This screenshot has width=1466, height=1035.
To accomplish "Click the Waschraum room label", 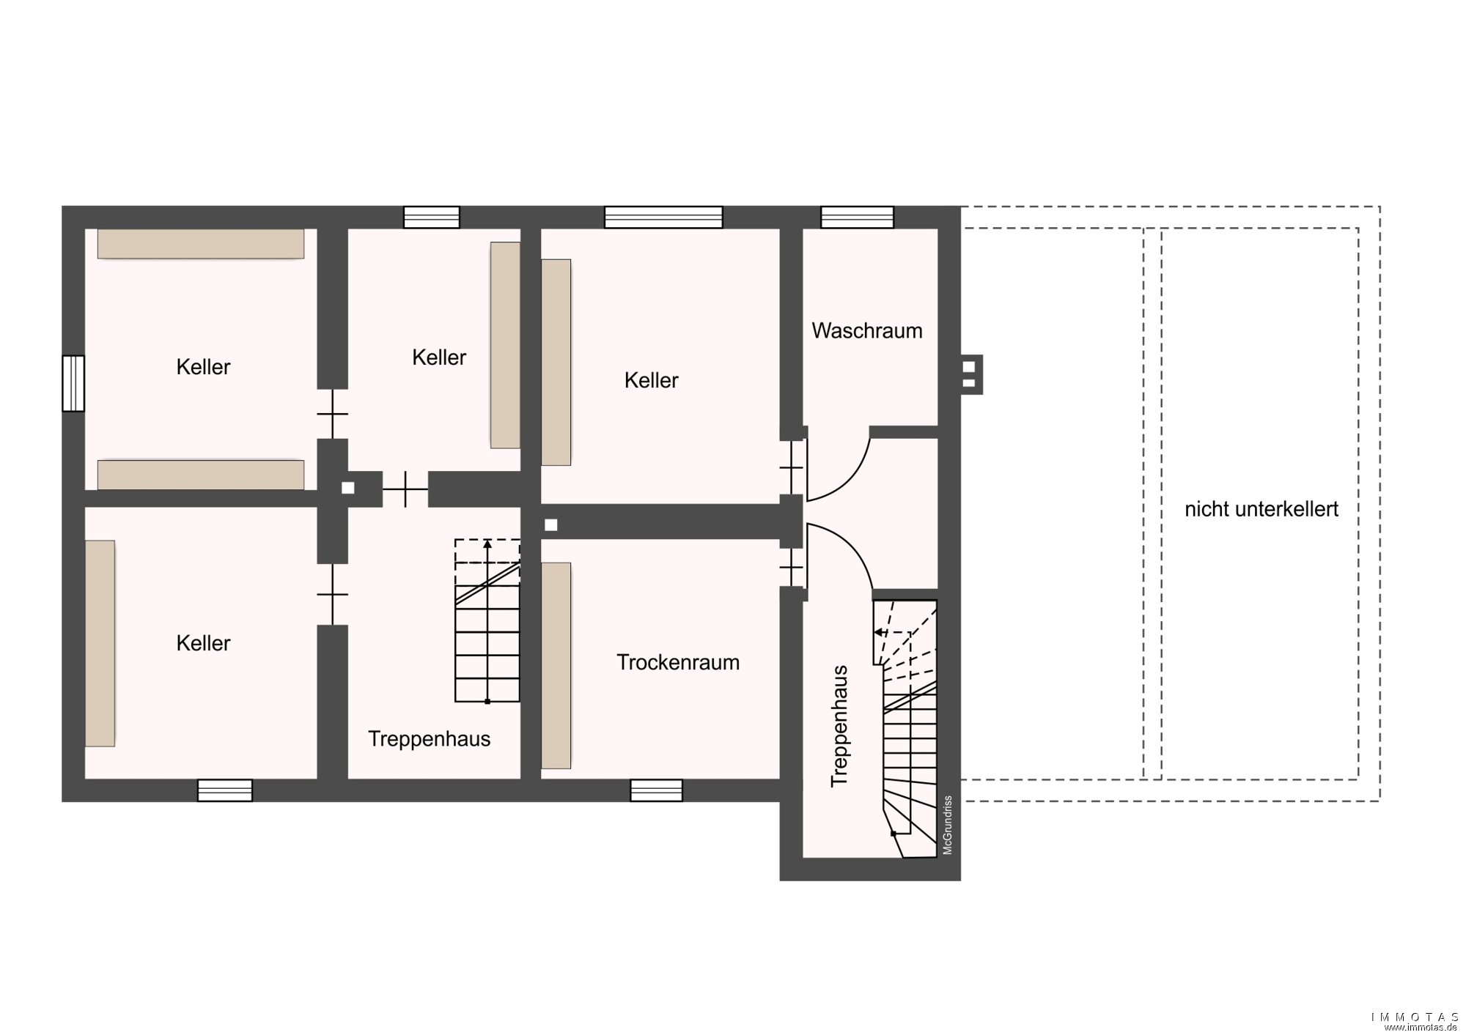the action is (x=867, y=330).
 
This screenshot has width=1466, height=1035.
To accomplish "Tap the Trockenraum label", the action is (x=678, y=662).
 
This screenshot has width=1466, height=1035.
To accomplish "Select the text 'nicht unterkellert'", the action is (x=1261, y=509).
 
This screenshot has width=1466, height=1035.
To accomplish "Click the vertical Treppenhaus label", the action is (x=839, y=726).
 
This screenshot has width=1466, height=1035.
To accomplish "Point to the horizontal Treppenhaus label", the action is (x=429, y=738).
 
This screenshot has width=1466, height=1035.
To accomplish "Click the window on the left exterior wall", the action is (x=73, y=383).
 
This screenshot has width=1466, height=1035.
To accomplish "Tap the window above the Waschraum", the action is (x=857, y=218).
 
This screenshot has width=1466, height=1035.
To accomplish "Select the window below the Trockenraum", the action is (x=656, y=790).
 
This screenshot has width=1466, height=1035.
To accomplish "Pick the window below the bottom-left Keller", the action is (x=225, y=790).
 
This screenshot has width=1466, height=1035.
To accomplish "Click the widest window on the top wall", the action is (x=663, y=218).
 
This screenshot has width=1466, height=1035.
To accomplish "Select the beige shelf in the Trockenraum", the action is (x=556, y=666).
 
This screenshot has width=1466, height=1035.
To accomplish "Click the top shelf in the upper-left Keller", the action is (x=201, y=244).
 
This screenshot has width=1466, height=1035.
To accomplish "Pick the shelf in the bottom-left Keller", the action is (x=100, y=643).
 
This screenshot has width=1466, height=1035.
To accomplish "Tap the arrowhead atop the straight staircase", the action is (x=487, y=544).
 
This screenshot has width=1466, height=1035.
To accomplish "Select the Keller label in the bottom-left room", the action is (x=203, y=643).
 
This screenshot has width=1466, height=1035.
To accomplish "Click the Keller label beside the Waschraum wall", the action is (x=652, y=380).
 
